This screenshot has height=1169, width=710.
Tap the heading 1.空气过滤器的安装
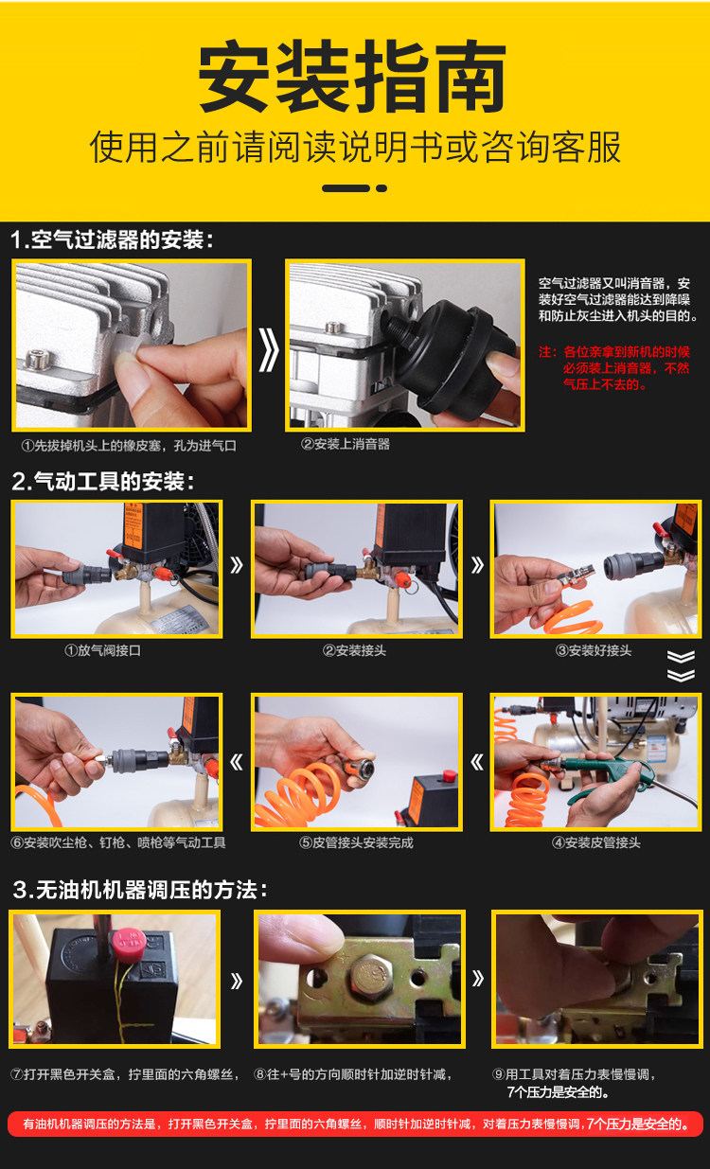coord(113,240)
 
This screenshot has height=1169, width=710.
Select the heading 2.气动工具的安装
coord(103,481)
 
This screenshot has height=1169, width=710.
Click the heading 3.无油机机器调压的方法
coord(140,890)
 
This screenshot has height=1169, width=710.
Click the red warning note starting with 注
coord(614,368)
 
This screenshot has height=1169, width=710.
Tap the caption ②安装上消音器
coord(346,444)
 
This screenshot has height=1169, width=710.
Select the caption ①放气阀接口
coord(102,651)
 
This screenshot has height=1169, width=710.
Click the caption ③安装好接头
coord(593,651)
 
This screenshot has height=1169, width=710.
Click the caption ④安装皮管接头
coord(595,842)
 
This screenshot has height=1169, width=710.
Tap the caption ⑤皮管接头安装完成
coord(356,842)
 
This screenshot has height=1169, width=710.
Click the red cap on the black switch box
coord(129,943)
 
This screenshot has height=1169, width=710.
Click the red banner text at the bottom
coord(355,1124)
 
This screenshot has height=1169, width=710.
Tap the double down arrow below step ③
coord(681,666)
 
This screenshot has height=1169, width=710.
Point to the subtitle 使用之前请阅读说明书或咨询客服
coord(355,147)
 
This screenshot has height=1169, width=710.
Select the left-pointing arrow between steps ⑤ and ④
coord(476,763)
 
